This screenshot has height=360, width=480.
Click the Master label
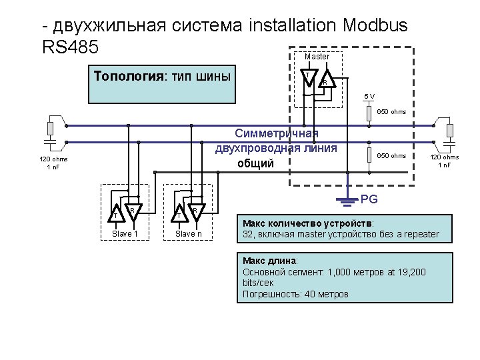(x=317, y=57)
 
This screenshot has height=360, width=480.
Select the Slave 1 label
(x=125, y=233)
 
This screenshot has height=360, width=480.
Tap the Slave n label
(x=189, y=233)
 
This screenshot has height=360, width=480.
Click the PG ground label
(x=369, y=199)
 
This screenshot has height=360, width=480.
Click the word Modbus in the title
(x=375, y=26)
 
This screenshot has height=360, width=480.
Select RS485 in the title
(x=70, y=47)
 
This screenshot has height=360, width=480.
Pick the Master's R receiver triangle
(x=326, y=81)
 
